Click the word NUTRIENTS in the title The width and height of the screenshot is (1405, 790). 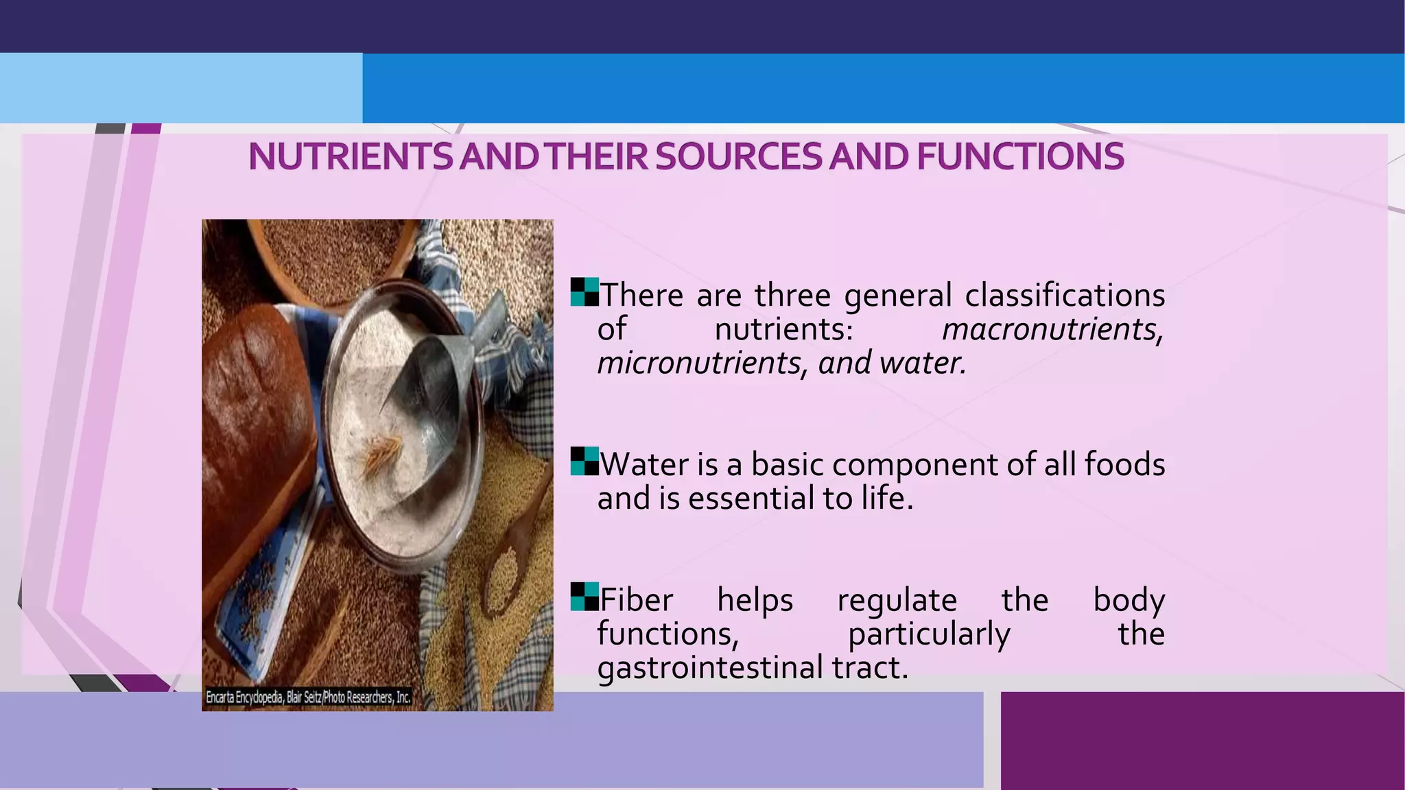coord(350,157)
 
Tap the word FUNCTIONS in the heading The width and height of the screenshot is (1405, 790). coord(1020,157)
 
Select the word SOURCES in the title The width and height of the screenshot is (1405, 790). coord(738,157)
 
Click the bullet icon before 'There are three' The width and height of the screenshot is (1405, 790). coord(585,292)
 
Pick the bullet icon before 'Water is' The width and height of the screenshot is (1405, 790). coord(585,462)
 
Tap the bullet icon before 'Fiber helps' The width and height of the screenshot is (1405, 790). coord(585,597)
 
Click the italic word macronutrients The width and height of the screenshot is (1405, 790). coord(1052,330)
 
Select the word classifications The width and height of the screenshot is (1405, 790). coord(1065,296)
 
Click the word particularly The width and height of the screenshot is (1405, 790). coord(929,634)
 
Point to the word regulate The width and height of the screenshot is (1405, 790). coord(897,601)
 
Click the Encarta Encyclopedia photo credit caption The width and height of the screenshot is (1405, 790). coord(308,697)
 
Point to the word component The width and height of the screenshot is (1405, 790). coord(915,465)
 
